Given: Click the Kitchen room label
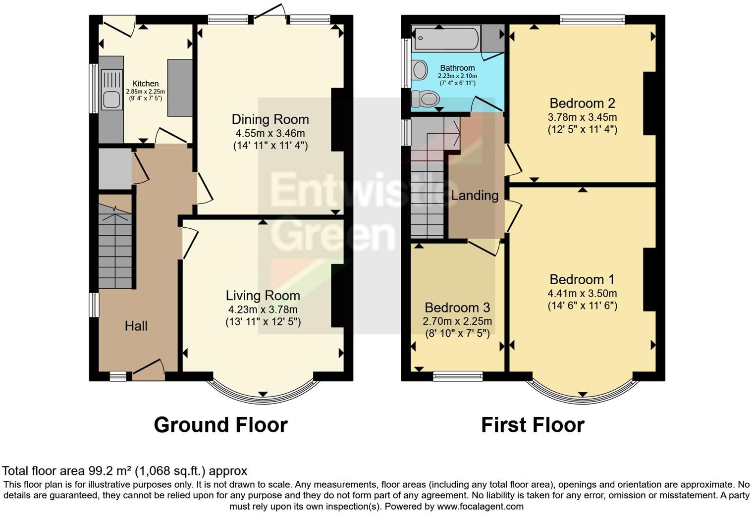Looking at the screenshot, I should click(x=145, y=84).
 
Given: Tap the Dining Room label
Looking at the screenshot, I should click(x=270, y=119).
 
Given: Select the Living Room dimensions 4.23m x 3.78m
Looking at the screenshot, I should click(x=263, y=309).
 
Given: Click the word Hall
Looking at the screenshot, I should click(x=136, y=326).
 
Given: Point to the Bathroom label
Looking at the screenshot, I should click(x=457, y=68).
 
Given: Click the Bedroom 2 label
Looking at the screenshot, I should click(x=582, y=103).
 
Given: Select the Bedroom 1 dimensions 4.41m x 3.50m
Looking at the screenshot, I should click(x=582, y=293).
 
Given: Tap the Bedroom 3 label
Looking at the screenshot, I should click(x=457, y=307).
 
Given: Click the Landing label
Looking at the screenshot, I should click(x=474, y=195).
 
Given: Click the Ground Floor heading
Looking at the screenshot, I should click(x=220, y=425).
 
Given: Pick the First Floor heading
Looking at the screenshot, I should click(x=533, y=425).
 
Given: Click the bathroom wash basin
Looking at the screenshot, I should click(x=420, y=70).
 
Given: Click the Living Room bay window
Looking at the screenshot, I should click(x=263, y=391).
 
